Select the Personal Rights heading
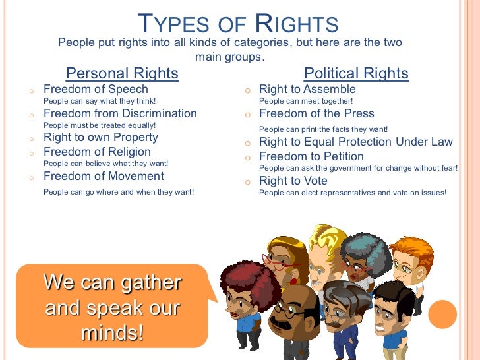click(x=122, y=73)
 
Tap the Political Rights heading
click(x=355, y=73)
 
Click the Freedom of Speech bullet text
click(x=96, y=89)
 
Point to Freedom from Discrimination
click(x=120, y=113)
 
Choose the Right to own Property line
click(x=100, y=138)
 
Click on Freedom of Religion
click(x=97, y=152)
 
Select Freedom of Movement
click(x=104, y=176)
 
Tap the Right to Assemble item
click(x=307, y=89)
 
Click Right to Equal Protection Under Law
click(x=356, y=142)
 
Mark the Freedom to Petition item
click(x=311, y=156)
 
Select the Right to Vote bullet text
click(x=293, y=181)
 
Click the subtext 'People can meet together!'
click(x=306, y=101)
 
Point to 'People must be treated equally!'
click(x=100, y=125)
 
